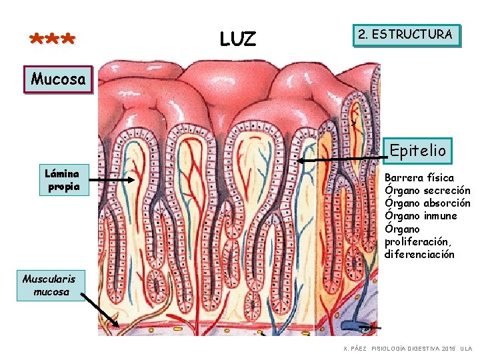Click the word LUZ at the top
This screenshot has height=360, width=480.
pyautogui.click(x=237, y=39)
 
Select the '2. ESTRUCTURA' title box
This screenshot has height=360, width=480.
pyautogui.click(x=405, y=35)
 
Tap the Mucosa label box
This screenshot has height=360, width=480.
pyautogui.click(x=58, y=80)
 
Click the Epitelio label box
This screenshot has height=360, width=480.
pyautogui.click(x=418, y=151)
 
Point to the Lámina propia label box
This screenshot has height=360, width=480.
pyautogui.click(x=62, y=180)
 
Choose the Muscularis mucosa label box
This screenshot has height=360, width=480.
pyautogui.click(x=51, y=285)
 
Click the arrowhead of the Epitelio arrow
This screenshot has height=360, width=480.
pyautogui.click(x=301, y=161)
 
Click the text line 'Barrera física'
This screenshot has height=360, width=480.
pyautogui.click(x=419, y=178)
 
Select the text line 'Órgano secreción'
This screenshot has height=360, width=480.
pyautogui.click(x=427, y=191)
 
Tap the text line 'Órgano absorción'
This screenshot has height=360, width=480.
pyautogui.click(x=427, y=203)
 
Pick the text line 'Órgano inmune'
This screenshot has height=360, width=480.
pyautogui.click(x=421, y=216)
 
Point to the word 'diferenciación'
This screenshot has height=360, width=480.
pyautogui.click(x=419, y=254)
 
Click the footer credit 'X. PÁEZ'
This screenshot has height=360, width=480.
pyautogui.click(x=353, y=349)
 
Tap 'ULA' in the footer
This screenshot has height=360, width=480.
pyautogui.click(x=466, y=349)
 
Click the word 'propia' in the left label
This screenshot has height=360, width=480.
pyautogui.click(x=63, y=187)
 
